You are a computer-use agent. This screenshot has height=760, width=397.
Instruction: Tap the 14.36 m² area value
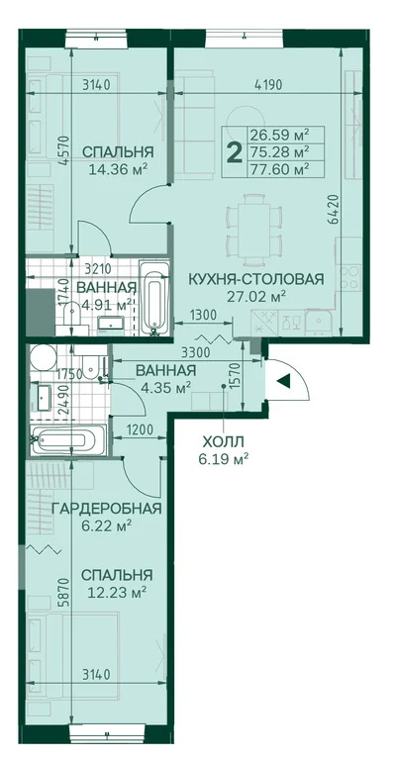[118, 169]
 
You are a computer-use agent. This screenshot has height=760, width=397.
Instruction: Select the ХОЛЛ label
[221, 441]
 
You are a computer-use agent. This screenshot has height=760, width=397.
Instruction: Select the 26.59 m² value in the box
[279, 135]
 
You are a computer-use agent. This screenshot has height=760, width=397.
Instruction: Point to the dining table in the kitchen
[250, 219]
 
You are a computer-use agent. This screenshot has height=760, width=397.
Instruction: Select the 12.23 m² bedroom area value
[118, 592]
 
